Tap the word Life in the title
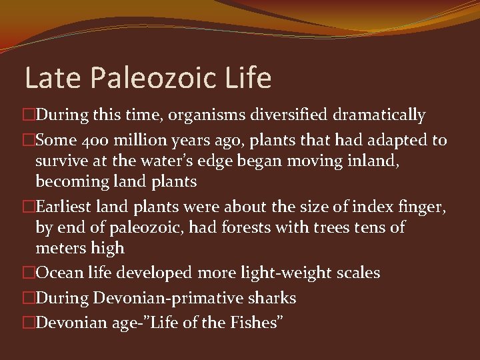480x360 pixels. [x=248, y=78]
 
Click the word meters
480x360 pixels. [x=61, y=248]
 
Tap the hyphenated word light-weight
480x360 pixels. [x=293, y=273]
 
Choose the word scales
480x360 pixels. [x=358, y=273]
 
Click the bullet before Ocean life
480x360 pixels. [x=28, y=273]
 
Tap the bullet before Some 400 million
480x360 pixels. [x=28, y=141]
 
